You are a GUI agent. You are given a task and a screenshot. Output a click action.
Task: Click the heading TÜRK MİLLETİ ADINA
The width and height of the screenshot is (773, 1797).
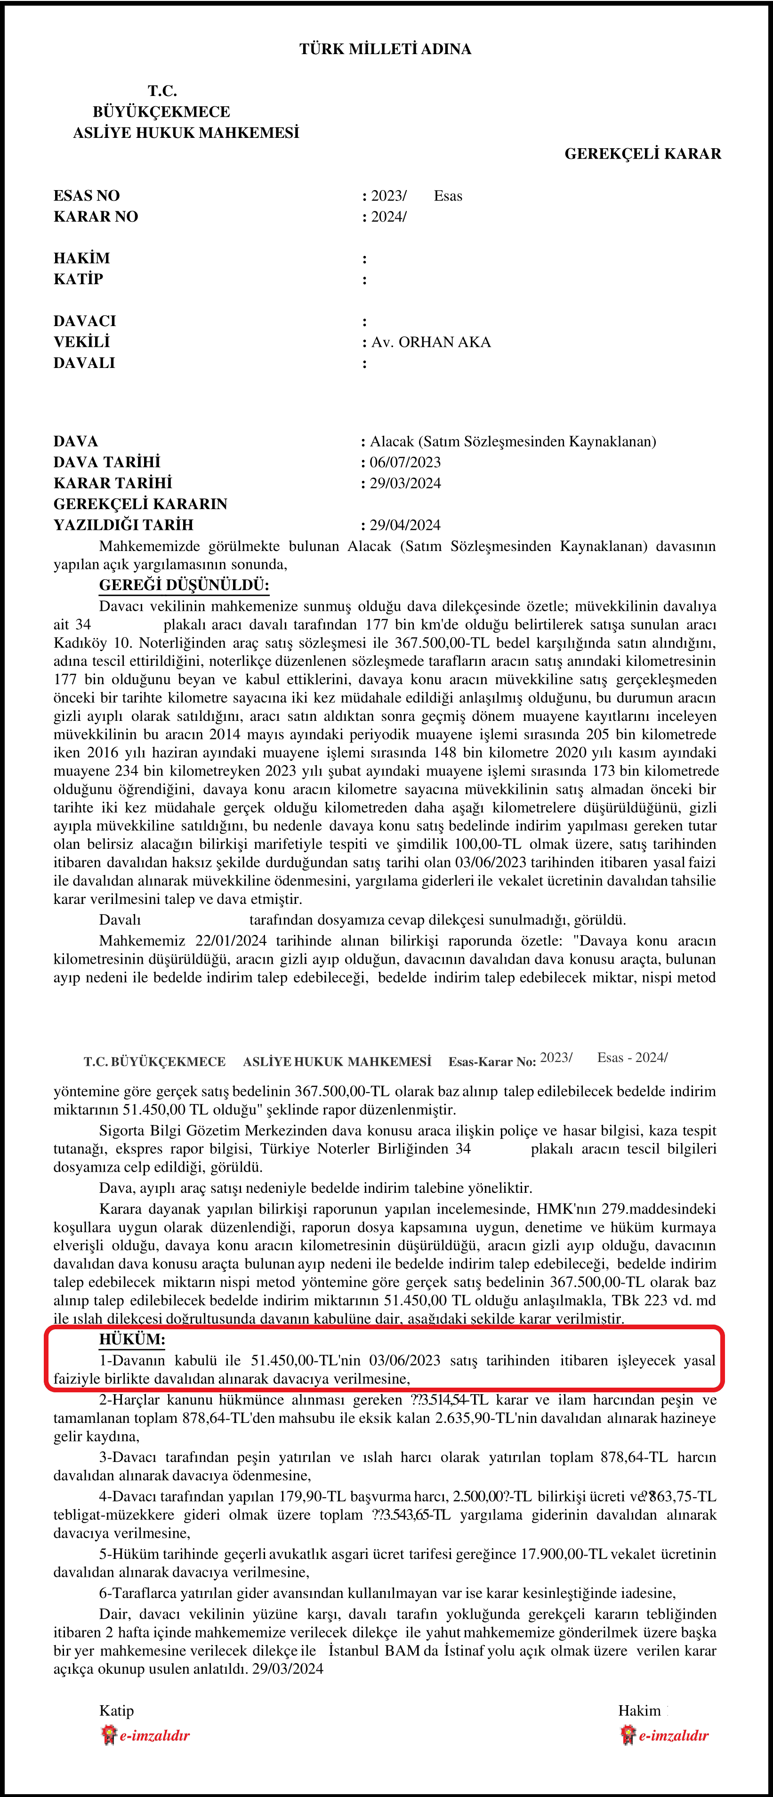click(x=385, y=49)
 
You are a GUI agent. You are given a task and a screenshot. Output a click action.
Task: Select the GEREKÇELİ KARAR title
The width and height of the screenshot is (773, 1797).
click(x=643, y=153)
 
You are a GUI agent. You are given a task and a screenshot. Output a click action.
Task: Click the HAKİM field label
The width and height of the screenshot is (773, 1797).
click(x=81, y=259)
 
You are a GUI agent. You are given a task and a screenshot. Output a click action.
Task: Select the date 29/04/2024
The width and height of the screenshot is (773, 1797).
click(x=405, y=525)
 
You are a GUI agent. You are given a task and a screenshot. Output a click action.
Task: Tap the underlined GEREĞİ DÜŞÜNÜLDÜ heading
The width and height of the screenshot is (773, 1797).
click(x=184, y=585)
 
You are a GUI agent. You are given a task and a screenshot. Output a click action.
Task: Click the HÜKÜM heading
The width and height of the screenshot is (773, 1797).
click(x=132, y=1339)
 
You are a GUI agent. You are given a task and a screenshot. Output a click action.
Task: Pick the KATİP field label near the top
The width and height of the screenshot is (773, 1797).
click(x=78, y=280)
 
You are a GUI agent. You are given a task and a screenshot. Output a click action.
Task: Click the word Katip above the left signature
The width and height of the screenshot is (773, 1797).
click(x=116, y=1710)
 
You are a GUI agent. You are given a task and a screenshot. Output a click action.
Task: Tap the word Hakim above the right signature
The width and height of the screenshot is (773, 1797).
click(x=639, y=1710)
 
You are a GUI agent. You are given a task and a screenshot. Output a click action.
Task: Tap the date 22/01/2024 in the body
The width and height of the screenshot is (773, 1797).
click(x=232, y=941)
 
